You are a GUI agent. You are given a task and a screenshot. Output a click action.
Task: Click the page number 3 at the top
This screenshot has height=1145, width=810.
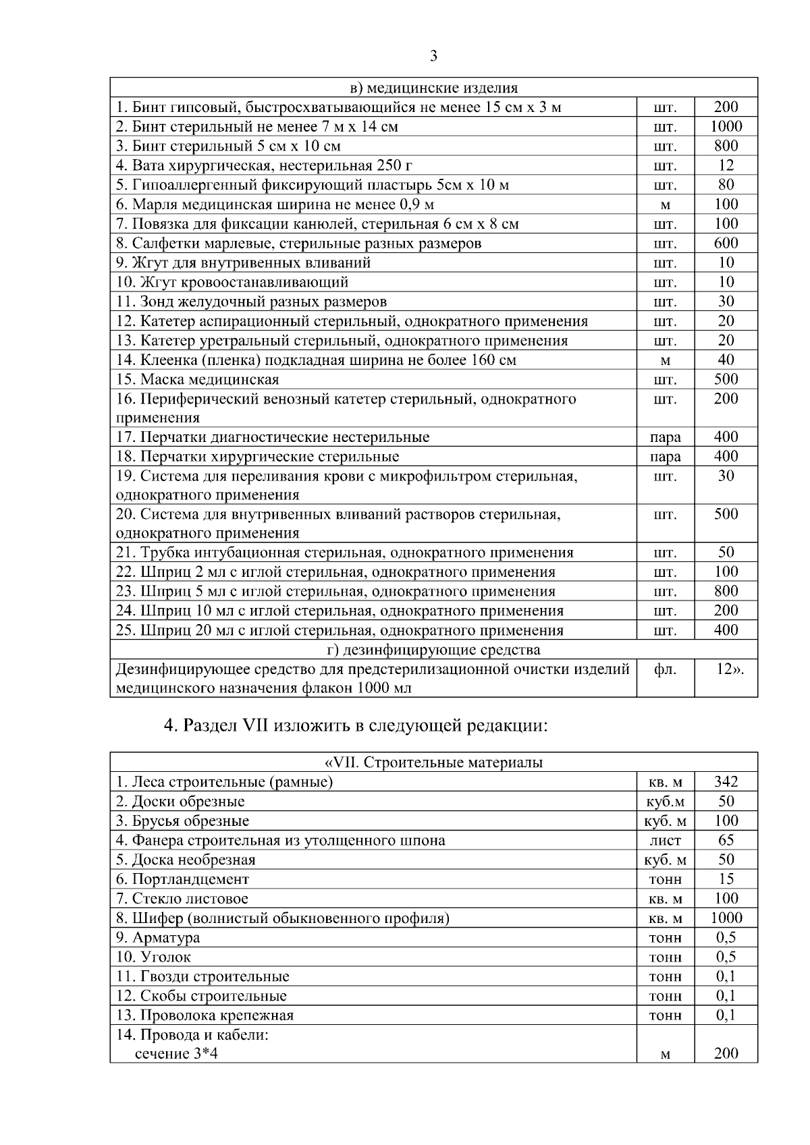pyautogui.click(x=433, y=56)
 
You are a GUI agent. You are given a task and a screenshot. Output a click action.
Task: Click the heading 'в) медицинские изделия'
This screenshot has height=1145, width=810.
pyautogui.click(x=433, y=88)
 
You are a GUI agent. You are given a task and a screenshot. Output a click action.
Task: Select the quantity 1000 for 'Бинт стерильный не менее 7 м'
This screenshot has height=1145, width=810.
pyautogui.click(x=726, y=126)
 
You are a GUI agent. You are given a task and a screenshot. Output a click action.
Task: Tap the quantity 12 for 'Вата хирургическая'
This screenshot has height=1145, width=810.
pyautogui.click(x=726, y=165)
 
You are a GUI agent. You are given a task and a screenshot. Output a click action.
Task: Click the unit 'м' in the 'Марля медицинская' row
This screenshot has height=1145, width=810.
pyautogui.click(x=665, y=204)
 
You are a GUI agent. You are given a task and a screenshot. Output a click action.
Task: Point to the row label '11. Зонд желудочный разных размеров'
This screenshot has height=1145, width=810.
pyautogui.click(x=252, y=302)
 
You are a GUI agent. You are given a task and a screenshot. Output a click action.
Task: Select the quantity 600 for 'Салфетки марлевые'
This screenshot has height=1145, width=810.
pyautogui.click(x=726, y=243)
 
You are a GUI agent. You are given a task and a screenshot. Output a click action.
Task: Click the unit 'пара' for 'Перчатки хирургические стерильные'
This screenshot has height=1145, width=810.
pyautogui.click(x=665, y=457)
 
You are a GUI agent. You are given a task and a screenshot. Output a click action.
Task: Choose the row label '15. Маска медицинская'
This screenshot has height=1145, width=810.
pyautogui.click(x=198, y=379)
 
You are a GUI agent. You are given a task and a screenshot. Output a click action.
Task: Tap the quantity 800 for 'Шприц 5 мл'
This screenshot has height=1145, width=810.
pyautogui.click(x=726, y=591)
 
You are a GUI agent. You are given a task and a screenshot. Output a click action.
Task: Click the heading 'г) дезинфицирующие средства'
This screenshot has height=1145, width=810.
pyautogui.click(x=433, y=650)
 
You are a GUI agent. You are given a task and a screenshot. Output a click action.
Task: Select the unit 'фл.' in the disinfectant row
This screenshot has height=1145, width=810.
pyautogui.click(x=665, y=669)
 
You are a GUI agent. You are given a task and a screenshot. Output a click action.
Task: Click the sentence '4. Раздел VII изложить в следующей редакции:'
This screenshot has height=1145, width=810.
pyautogui.click(x=355, y=726)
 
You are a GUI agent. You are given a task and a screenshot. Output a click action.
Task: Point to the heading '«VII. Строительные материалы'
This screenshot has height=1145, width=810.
pyautogui.click(x=433, y=762)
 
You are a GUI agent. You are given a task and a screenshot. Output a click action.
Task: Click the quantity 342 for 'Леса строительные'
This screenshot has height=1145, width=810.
pyautogui.click(x=726, y=782)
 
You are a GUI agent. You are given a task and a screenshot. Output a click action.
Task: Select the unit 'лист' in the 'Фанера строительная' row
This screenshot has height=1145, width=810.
pyautogui.click(x=665, y=841)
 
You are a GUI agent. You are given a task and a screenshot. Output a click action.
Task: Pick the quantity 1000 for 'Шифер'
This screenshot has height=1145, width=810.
pyautogui.click(x=726, y=918)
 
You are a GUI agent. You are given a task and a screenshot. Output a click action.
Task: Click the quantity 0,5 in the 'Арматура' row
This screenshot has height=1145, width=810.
pyautogui.click(x=726, y=938)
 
